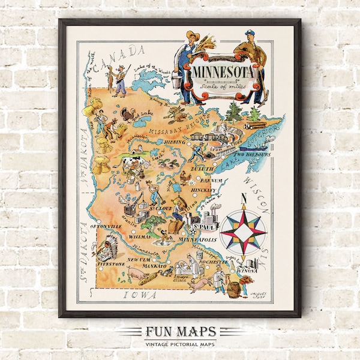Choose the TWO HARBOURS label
[253, 154]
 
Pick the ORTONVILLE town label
[106, 226]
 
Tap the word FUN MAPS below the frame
[179, 332]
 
